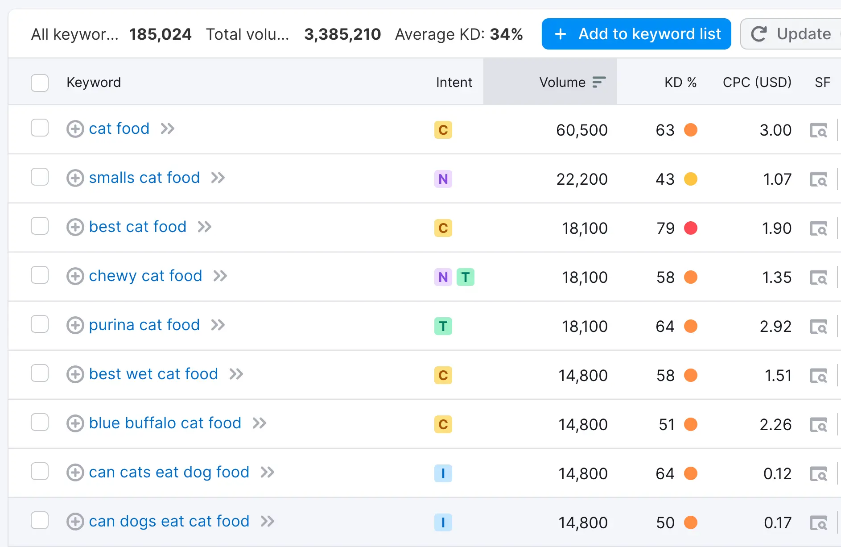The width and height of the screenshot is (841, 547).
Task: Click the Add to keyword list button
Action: click(636, 34)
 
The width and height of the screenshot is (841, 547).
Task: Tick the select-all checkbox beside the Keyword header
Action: click(40, 83)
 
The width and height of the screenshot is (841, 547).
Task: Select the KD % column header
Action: click(680, 83)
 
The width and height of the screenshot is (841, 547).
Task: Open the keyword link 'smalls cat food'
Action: click(144, 178)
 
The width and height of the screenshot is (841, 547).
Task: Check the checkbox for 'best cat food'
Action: click(40, 226)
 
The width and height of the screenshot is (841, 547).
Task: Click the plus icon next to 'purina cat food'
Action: click(75, 325)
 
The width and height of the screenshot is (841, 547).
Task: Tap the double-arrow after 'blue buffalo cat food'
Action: click(260, 423)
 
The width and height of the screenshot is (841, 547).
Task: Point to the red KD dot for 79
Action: click(691, 228)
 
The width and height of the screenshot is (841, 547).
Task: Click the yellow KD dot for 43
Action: click(691, 179)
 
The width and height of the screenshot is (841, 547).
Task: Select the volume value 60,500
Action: click(581, 130)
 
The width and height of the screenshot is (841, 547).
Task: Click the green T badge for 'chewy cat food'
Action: click(466, 277)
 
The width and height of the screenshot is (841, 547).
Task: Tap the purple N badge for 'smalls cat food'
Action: click(443, 179)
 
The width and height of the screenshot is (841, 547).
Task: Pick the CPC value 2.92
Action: click(775, 327)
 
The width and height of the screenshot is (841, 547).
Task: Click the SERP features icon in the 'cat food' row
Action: click(818, 130)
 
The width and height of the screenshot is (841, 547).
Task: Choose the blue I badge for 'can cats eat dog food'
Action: click(443, 473)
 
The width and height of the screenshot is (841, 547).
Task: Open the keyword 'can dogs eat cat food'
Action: click(169, 522)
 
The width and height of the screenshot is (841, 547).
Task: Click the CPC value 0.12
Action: click(777, 474)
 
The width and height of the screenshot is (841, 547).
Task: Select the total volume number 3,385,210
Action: click(342, 34)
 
